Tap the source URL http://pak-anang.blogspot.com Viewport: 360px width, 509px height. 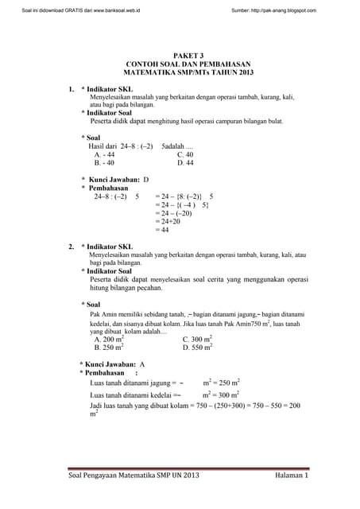pos(273,10)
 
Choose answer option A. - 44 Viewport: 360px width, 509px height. pos(104,155)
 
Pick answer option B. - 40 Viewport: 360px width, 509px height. pos(104,163)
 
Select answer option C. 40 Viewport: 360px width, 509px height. pos(185,155)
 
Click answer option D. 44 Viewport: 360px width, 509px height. pos(185,163)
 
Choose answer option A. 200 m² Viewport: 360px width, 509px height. pos(109,339)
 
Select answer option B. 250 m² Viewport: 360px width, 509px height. pos(109,348)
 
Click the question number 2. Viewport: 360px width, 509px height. pos(71,247)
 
